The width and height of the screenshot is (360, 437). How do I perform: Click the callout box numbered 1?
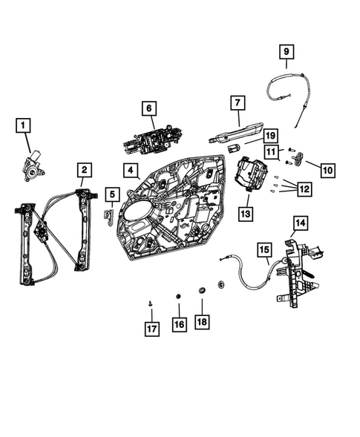[25, 125]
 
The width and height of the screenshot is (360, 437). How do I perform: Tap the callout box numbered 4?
[130, 171]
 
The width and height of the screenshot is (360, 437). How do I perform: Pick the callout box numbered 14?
[299, 222]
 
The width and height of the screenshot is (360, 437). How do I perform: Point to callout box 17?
[151, 328]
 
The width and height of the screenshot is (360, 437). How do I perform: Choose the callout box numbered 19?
[270, 136]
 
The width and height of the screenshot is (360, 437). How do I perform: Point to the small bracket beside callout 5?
[107, 216]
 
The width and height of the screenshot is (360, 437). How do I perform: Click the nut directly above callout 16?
[178, 297]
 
